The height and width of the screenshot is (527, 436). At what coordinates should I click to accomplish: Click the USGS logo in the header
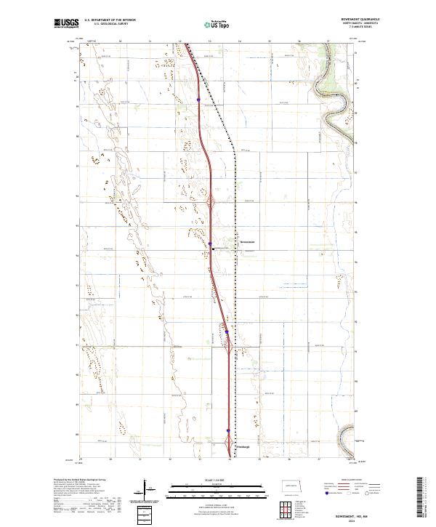pyautogui.click(x=67, y=24)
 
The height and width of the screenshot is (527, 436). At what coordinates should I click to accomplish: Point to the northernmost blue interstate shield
pyautogui.click(x=198, y=100)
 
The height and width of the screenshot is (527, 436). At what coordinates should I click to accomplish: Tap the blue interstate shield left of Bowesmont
pyautogui.click(x=210, y=244)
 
